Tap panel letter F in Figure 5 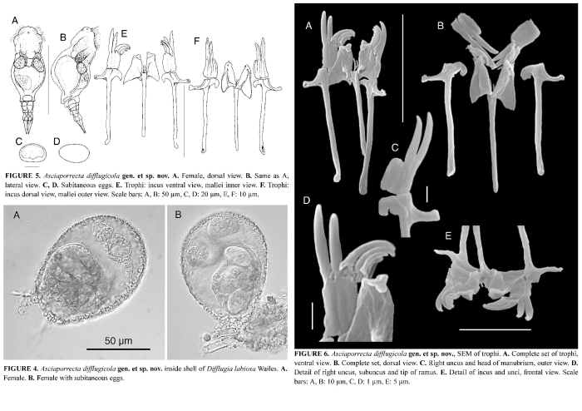196,39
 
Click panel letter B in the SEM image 440,27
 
